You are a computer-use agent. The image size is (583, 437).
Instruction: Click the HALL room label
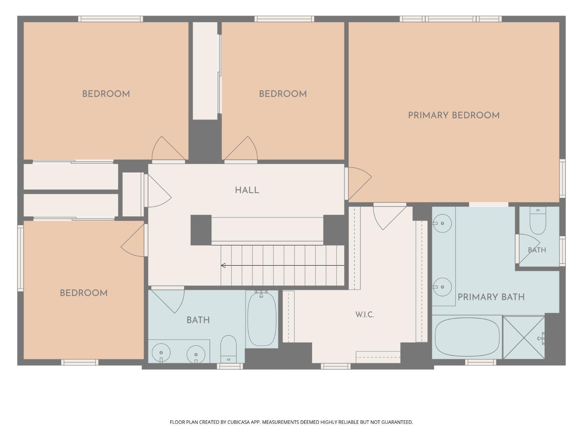coord(247,190)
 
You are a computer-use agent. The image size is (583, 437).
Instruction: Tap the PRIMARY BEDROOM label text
coord(454,115)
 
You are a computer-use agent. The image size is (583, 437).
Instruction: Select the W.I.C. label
coord(365,315)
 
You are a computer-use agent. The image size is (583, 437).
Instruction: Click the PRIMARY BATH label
coord(491,297)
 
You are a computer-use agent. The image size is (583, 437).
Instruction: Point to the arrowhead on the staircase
coord(223,265)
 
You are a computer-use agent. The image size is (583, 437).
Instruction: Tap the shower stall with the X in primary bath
coord(524,338)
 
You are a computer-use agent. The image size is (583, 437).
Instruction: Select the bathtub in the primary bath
coord(467,337)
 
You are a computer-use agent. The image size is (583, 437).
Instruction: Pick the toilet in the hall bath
coord(229,349)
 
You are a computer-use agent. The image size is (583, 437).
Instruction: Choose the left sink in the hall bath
coord(161,353)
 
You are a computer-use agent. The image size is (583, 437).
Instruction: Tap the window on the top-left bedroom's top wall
coord(110,19)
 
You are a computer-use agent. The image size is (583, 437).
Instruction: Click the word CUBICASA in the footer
coord(239,422)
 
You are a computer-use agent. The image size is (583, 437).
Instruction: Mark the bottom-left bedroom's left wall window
coord(21,258)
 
